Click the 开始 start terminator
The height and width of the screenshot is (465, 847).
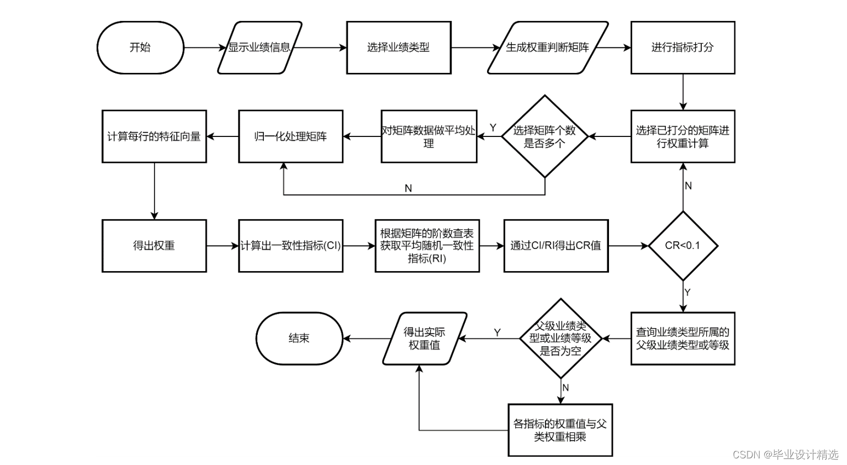(140, 47)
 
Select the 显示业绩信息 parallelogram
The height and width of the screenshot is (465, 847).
(259, 47)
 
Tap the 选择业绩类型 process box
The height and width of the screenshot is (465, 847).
(398, 47)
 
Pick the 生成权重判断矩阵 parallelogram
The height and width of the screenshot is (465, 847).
(547, 47)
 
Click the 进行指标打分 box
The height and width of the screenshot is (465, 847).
(682, 47)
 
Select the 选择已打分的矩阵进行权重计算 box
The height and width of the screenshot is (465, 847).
(682, 136)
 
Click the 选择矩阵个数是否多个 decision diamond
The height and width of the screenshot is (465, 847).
(544, 136)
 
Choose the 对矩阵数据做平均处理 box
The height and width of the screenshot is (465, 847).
(428, 136)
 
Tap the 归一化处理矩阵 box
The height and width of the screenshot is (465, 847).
(290, 136)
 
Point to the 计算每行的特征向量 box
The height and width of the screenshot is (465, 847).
(154, 136)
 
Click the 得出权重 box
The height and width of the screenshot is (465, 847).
(154, 246)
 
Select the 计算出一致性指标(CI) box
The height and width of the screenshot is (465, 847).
(290, 246)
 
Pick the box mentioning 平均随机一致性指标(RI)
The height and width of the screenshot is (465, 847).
(427, 246)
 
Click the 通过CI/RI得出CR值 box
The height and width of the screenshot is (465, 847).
(555, 246)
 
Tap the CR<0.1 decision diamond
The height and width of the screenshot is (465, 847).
(682, 246)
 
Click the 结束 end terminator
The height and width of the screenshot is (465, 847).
(299, 339)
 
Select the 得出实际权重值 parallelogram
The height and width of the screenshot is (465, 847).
(425, 339)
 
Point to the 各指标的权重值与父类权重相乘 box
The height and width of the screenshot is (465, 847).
(560, 430)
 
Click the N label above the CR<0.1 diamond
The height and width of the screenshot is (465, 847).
(688, 186)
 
